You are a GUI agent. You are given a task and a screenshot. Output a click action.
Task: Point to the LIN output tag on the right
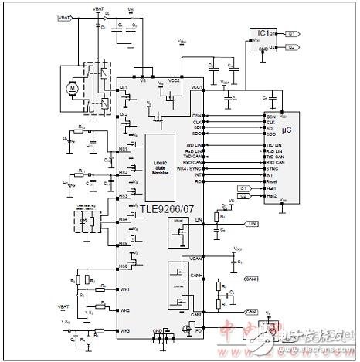(x=252, y=223)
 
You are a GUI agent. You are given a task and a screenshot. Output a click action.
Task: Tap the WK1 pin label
(x=124, y=289)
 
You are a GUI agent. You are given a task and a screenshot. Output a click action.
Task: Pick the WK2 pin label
(x=124, y=310)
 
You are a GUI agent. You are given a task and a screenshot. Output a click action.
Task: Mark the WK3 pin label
(x=124, y=330)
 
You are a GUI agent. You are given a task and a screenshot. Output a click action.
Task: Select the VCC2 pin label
(x=175, y=80)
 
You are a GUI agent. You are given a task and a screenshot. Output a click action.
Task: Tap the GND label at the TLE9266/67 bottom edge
(x=159, y=330)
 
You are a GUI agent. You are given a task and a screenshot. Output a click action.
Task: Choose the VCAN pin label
(x=197, y=257)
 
